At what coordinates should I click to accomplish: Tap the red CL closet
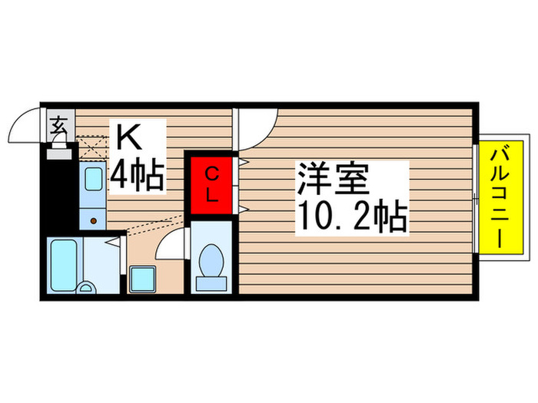pyautogui.click(x=211, y=185)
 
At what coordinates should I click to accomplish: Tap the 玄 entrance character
pyautogui.click(x=58, y=125)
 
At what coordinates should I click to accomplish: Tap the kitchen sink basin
pyautogui.click(x=93, y=181)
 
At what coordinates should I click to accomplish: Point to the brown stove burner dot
pyautogui.click(x=93, y=220)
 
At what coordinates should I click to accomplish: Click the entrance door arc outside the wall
pyautogui.click(x=27, y=123)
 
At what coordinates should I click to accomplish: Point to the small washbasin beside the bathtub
pyautogui.click(x=87, y=288)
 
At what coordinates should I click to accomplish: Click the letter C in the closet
pyautogui.click(x=211, y=174)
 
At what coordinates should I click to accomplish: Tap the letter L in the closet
pyautogui.click(x=211, y=195)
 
